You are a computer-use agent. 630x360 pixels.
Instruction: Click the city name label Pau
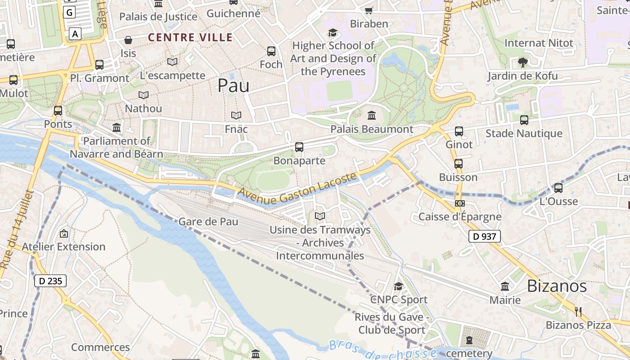[x=234, y=85]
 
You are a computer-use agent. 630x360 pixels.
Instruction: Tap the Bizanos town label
[x=557, y=286]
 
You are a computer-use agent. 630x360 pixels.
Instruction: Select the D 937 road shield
[x=485, y=236]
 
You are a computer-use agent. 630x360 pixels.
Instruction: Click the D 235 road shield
[x=50, y=281]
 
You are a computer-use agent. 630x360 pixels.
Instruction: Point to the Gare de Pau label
[x=208, y=221]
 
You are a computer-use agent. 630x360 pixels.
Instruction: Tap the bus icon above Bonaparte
[x=299, y=147]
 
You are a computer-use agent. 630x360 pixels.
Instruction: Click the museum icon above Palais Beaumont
[x=372, y=116]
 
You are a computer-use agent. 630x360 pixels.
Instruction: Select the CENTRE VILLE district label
[x=191, y=38]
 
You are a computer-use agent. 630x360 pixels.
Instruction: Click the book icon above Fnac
[x=236, y=115]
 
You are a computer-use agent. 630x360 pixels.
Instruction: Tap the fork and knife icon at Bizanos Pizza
[x=578, y=311]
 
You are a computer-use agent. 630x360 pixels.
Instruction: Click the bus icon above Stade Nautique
[x=524, y=120]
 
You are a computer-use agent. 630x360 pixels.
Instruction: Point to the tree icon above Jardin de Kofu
[x=522, y=62]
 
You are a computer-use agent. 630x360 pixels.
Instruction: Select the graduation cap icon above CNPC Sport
[x=399, y=286]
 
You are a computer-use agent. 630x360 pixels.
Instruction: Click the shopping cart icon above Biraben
[x=369, y=10]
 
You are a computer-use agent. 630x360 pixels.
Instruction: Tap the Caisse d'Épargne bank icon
[x=459, y=203]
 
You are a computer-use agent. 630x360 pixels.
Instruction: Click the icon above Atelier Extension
[x=63, y=234]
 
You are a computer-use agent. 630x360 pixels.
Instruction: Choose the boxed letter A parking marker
[x=75, y=34]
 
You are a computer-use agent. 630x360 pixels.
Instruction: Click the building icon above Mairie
[x=505, y=287]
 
